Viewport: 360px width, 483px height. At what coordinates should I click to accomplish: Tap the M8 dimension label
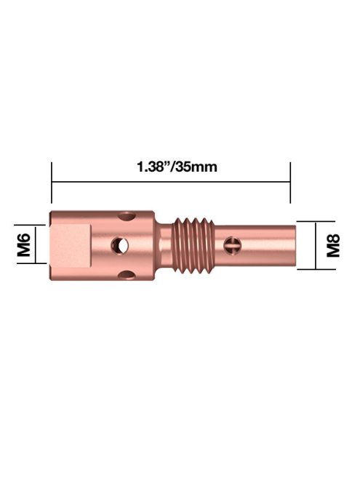point(335,244)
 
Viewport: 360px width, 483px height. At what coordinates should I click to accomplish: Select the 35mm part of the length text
point(196,167)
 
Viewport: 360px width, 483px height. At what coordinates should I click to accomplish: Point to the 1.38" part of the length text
point(153,167)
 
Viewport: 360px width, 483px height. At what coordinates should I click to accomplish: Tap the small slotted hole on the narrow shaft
point(233,245)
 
